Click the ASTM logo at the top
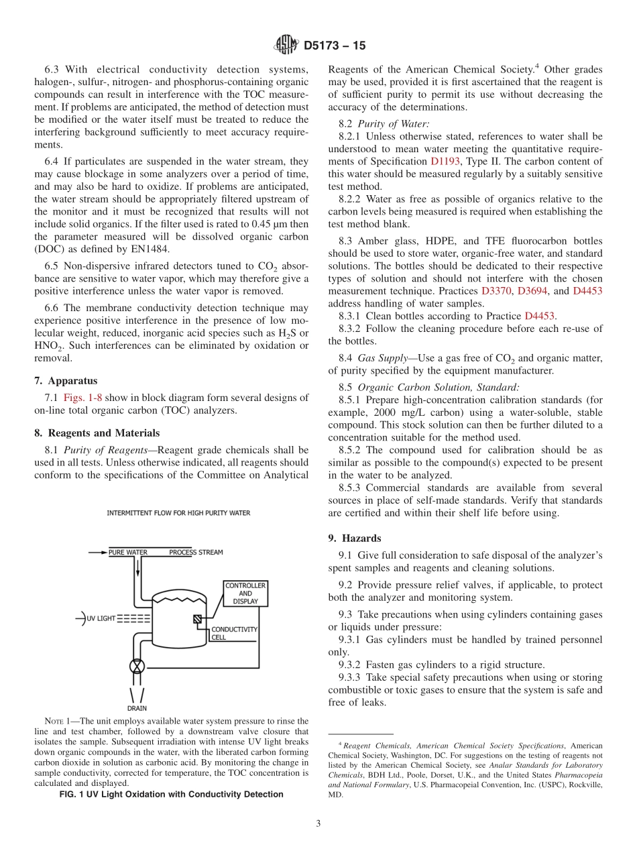click(x=286, y=46)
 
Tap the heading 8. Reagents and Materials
click(x=97, y=433)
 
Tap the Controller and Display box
click(x=245, y=593)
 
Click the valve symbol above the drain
click(x=137, y=667)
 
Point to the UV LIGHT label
click(x=101, y=618)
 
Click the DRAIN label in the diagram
click(x=137, y=708)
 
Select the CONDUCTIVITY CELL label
click(x=234, y=633)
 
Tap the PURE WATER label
click(x=127, y=553)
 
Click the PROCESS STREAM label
click(x=196, y=553)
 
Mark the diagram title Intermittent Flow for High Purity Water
click(x=178, y=513)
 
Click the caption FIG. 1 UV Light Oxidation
click(x=171, y=794)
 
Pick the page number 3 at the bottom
click(x=318, y=824)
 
